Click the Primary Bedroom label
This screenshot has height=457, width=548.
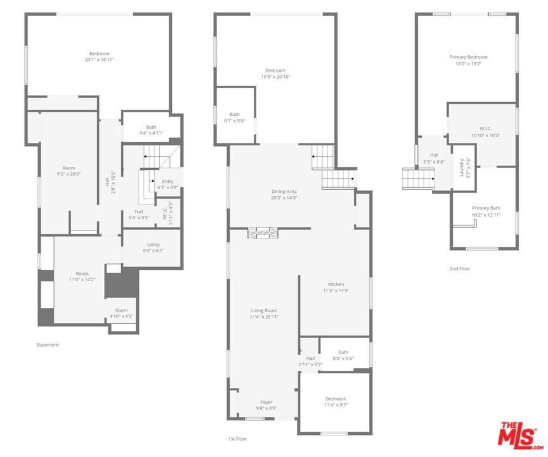(468, 57)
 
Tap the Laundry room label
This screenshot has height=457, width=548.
(461, 168)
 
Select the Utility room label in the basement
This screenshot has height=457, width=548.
(153, 245)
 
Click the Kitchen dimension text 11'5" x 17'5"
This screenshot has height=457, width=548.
(336, 291)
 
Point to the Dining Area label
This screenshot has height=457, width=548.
(284, 192)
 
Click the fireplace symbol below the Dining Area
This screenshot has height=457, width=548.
(263, 233)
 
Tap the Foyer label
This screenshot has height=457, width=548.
(266, 402)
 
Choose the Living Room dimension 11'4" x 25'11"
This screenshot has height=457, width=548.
(264, 317)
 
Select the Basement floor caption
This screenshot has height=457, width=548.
(48, 345)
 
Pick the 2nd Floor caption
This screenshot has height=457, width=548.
(460, 268)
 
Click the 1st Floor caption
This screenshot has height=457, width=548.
(238, 439)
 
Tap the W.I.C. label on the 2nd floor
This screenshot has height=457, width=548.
(485, 129)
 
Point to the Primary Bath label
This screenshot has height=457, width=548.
(486, 208)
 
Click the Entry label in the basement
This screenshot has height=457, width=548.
(167, 182)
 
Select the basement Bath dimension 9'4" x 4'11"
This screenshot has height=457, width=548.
(152, 133)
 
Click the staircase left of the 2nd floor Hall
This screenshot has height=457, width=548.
(419, 178)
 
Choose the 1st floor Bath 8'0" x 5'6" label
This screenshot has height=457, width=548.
(343, 355)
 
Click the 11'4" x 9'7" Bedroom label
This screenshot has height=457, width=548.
(336, 402)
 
